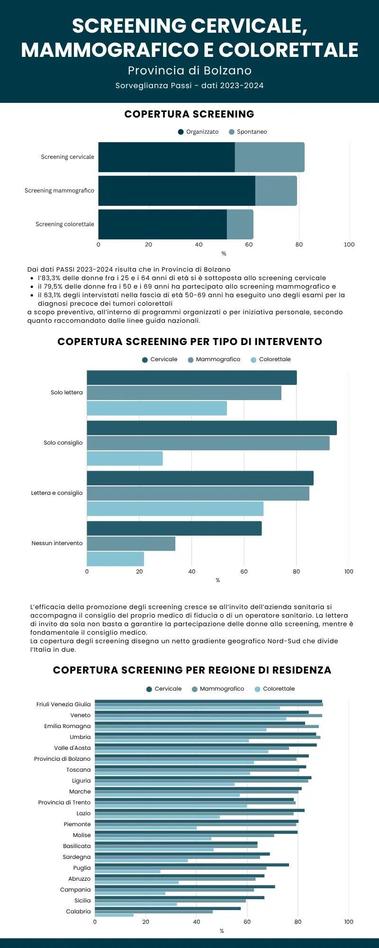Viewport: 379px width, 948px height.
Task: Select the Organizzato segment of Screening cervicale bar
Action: click(x=166, y=157)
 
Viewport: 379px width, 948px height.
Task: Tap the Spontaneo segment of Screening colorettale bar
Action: click(x=240, y=224)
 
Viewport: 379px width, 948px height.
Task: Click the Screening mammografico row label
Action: click(x=59, y=191)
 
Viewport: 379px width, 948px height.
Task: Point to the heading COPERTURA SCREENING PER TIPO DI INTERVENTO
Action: click(x=189, y=342)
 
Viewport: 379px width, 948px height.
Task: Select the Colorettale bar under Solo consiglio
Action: click(x=125, y=458)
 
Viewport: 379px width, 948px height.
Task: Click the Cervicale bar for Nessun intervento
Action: click(x=174, y=529)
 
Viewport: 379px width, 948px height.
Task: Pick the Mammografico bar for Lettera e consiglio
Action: click(x=198, y=493)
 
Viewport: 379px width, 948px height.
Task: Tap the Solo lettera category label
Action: click(x=66, y=392)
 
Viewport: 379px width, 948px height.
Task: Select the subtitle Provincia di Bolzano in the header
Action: click(x=189, y=71)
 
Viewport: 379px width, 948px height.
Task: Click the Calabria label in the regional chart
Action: click(x=78, y=912)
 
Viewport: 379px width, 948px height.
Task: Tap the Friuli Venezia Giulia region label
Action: click(x=63, y=704)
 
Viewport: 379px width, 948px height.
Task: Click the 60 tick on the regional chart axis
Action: click(x=247, y=922)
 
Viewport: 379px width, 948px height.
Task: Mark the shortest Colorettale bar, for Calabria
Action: click(x=114, y=915)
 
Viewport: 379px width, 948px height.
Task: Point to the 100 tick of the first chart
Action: click(x=349, y=245)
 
